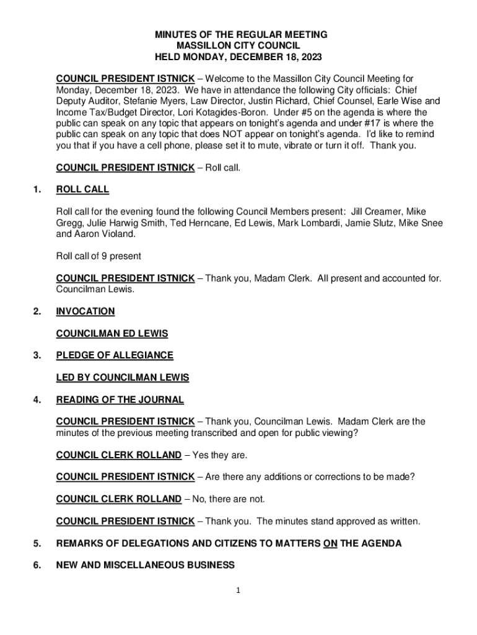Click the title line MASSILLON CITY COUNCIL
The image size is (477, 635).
pyautogui.click(x=238, y=46)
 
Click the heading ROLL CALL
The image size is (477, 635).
pyautogui.click(x=82, y=189)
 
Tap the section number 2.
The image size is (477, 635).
pyautogui.click(x=37, y=311)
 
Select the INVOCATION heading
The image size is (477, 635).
pyautogui.click(x=85, y=311)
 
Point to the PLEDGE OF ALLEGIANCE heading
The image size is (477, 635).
pyautogui.click(x=115, y=355)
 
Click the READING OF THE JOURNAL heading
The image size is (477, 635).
pyautogui.click(x=120, y=400)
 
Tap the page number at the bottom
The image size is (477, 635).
pyautogui.click(x=238, y=591)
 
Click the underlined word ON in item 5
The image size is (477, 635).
pyautogui.click(x=330, y=544)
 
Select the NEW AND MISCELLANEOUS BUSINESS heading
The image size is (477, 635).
pyautogui.click(x=145, y=565)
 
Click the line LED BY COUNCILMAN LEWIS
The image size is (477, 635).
pyautogui.click(x=123, y=378)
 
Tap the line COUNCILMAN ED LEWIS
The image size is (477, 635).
pyautogui.click(x=112, y=334)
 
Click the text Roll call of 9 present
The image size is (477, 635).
pyautogui.click(x=98, y=256)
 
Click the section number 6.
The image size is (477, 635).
pyautogui.click(x=37, y=565)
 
